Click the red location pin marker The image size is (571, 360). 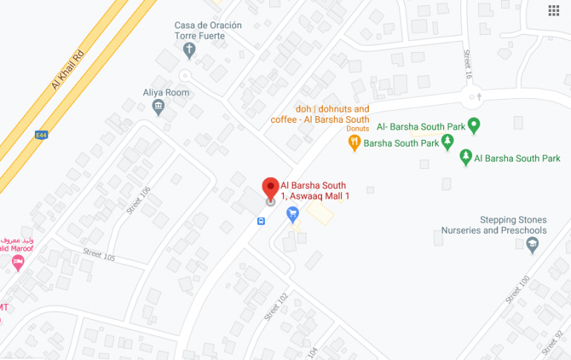[271, 187]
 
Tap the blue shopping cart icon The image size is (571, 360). [293, 214]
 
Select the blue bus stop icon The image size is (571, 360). [261, 221]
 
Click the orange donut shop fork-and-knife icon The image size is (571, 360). [355, 142]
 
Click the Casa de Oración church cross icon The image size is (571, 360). [190, 51]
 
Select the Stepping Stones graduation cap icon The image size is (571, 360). [532, 247]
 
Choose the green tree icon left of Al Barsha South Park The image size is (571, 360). [465, 157]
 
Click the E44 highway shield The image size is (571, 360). [42, 135]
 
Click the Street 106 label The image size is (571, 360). [138, 199]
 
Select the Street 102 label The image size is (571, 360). [275, 306]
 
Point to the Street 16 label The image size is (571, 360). [468, 65]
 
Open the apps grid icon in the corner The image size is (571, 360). [554, 10]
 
